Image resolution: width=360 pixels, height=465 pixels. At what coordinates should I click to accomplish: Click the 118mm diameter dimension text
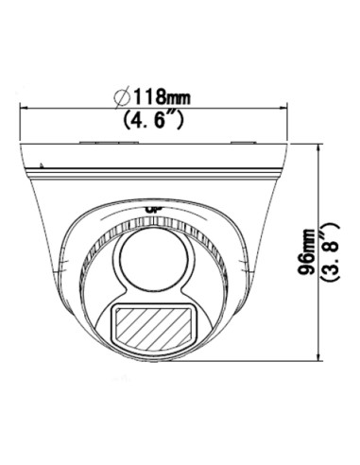click(163, 96)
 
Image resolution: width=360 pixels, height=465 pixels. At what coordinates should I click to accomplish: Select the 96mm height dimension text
click(306, 252)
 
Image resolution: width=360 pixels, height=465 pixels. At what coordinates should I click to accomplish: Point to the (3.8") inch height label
click(330, 251)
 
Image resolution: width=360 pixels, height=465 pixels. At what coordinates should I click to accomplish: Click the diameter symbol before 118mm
click(122, 96)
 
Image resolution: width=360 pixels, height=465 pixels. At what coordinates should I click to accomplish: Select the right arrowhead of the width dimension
click(283, 109)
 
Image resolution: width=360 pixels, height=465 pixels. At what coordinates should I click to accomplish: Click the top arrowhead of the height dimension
click(320, 148)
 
